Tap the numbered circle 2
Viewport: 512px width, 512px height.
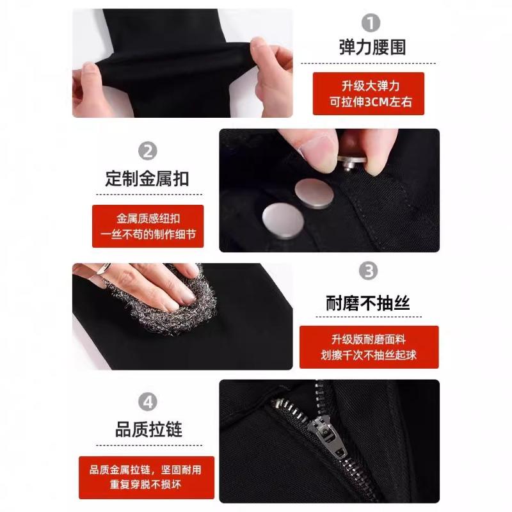pyautogui.click(x=148, y=152)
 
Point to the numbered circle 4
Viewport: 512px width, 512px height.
pyautogui.click(x=148, y=403)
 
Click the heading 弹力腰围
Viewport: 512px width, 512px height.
pyautogui.click(x=372, y=47)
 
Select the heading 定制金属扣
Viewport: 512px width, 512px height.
pyautogui.click(x=147, y=178)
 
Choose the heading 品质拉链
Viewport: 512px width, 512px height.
pyautogui.click(x=148, y=429)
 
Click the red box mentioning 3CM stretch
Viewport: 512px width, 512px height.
pyautogui.click(x=368, y=93)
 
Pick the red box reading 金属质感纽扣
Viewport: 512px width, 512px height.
pyautogui.click(x=148, y=226)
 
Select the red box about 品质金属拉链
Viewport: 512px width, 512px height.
pyautogui.click(x=148, y=477)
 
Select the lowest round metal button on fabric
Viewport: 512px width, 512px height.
pyautogui.click(x=282, y=220)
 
